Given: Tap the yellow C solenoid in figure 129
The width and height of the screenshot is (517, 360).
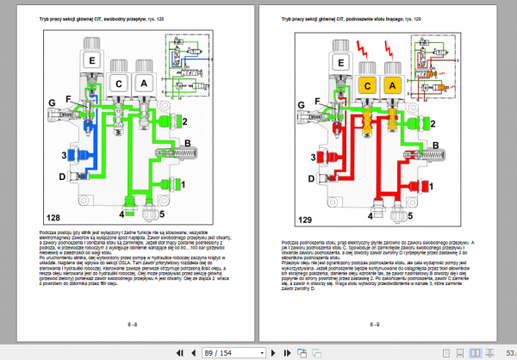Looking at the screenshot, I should (x=366, y=85).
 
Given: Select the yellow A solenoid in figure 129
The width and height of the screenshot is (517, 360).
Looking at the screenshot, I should (x=392, y=85).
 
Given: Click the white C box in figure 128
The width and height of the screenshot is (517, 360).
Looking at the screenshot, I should (x=119, y=84).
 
